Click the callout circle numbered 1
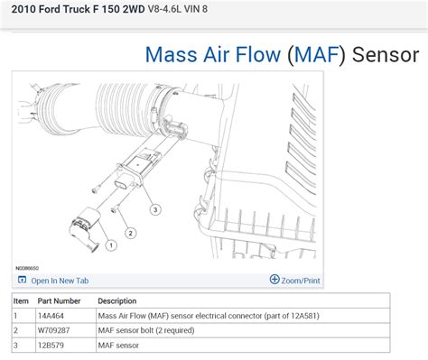pyautogui.click(x=110, y=244)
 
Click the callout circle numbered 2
pyautogui.click(x=130, y=233)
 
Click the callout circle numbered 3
pyautogui.click(x=155, y=209)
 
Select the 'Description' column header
pyautogui.click(x=117, y=300)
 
